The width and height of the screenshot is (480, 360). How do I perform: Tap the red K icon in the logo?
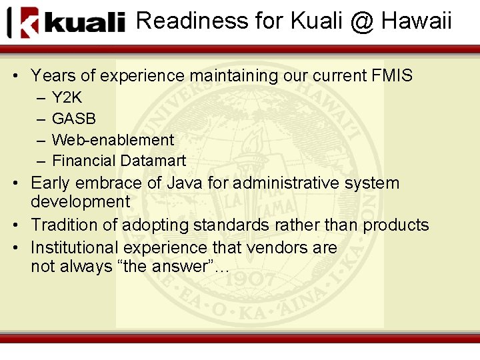(x=29, y=23)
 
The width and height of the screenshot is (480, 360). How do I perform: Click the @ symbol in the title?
(x=361, y=21)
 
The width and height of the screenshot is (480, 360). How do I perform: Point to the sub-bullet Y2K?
(x=67, y=97)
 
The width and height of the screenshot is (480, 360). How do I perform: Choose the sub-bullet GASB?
(x=74, y=119)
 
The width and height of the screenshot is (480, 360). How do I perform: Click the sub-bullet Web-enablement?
(x=113, y=140)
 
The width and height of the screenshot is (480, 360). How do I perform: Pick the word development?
(x=81, y=201)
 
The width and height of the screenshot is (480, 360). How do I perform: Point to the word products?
(x=396, y=225)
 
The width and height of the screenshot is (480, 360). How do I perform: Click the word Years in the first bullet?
(x=50, y=76)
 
